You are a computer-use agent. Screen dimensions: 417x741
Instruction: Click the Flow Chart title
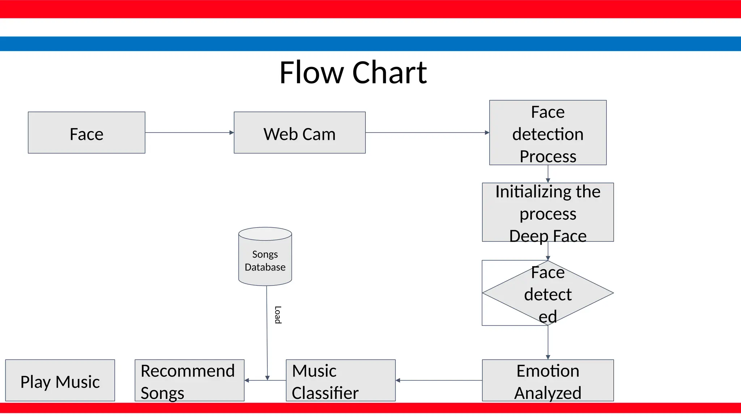tap(353, 73)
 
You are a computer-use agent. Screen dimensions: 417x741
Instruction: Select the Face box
tap(86, 133)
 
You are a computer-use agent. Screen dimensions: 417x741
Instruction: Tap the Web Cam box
tap(300, 133)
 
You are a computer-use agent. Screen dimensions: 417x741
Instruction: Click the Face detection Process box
tap(548, 133)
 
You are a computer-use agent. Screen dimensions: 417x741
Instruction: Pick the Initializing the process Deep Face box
tap(548, 212)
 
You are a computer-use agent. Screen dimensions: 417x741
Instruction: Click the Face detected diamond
tap(548, 293)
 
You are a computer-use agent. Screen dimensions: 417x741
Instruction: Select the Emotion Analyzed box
tap(548, 380)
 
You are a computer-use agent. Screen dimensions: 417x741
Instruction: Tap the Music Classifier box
tap(340, 380)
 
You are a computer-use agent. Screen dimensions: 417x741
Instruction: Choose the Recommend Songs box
tap(189, 380)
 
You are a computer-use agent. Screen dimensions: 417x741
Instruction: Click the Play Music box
tap(60, 380)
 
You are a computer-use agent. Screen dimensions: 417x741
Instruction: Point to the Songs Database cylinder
tap(265, 257)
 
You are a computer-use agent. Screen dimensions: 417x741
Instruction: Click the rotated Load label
tap(278, 315)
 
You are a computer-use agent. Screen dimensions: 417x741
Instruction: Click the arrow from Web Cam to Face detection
tap(427, 132)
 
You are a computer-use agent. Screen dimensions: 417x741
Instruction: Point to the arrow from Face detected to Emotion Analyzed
tap(548, 342)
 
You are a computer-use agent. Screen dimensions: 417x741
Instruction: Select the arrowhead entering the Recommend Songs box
tap(247, 380)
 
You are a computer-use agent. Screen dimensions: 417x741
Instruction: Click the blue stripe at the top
tap(370, 43)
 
